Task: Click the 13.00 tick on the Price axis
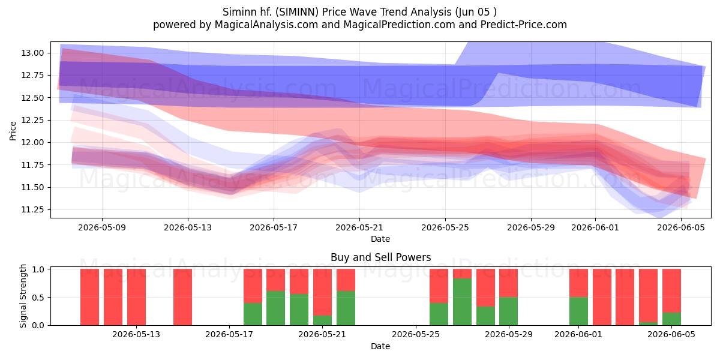click(32, 53)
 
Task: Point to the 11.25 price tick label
click(32, 210)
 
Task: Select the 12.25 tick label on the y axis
click(32, 120)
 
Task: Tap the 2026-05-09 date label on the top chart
click(102, 227)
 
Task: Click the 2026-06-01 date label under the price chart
click(595, 227)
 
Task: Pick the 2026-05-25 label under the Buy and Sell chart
click(416, 334)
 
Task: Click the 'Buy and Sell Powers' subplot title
click(380, 257)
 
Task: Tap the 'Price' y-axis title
click(13, 131)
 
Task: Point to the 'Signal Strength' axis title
click(23, 296)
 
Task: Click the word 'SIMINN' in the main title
click(296, 12)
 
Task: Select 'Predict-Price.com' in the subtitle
click(524, 25)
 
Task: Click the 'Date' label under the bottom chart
click(380, 346)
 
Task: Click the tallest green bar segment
click(462, 302)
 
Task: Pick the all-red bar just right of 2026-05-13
click(182, 297)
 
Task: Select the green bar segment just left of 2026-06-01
click(578, 311)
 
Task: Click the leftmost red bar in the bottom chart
click(89, 297)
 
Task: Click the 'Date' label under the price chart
click(380, 239)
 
